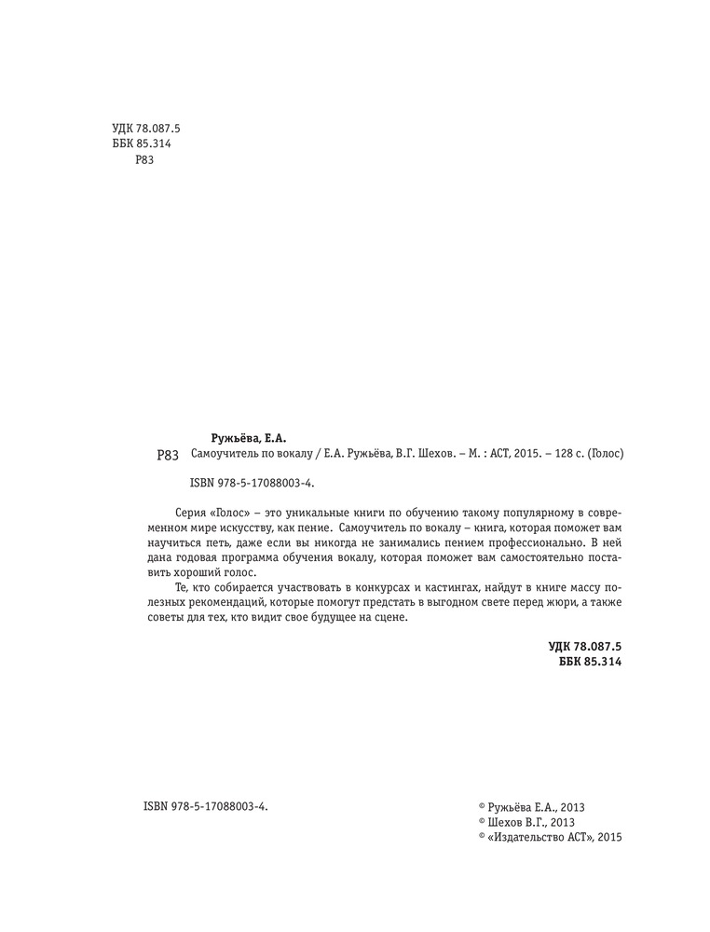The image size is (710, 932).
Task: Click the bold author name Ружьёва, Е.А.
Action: (x=249, y=437)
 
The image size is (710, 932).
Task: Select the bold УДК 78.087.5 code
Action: (x=584, y=645)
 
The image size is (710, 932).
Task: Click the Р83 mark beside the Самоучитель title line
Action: (x=168, y=456)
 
